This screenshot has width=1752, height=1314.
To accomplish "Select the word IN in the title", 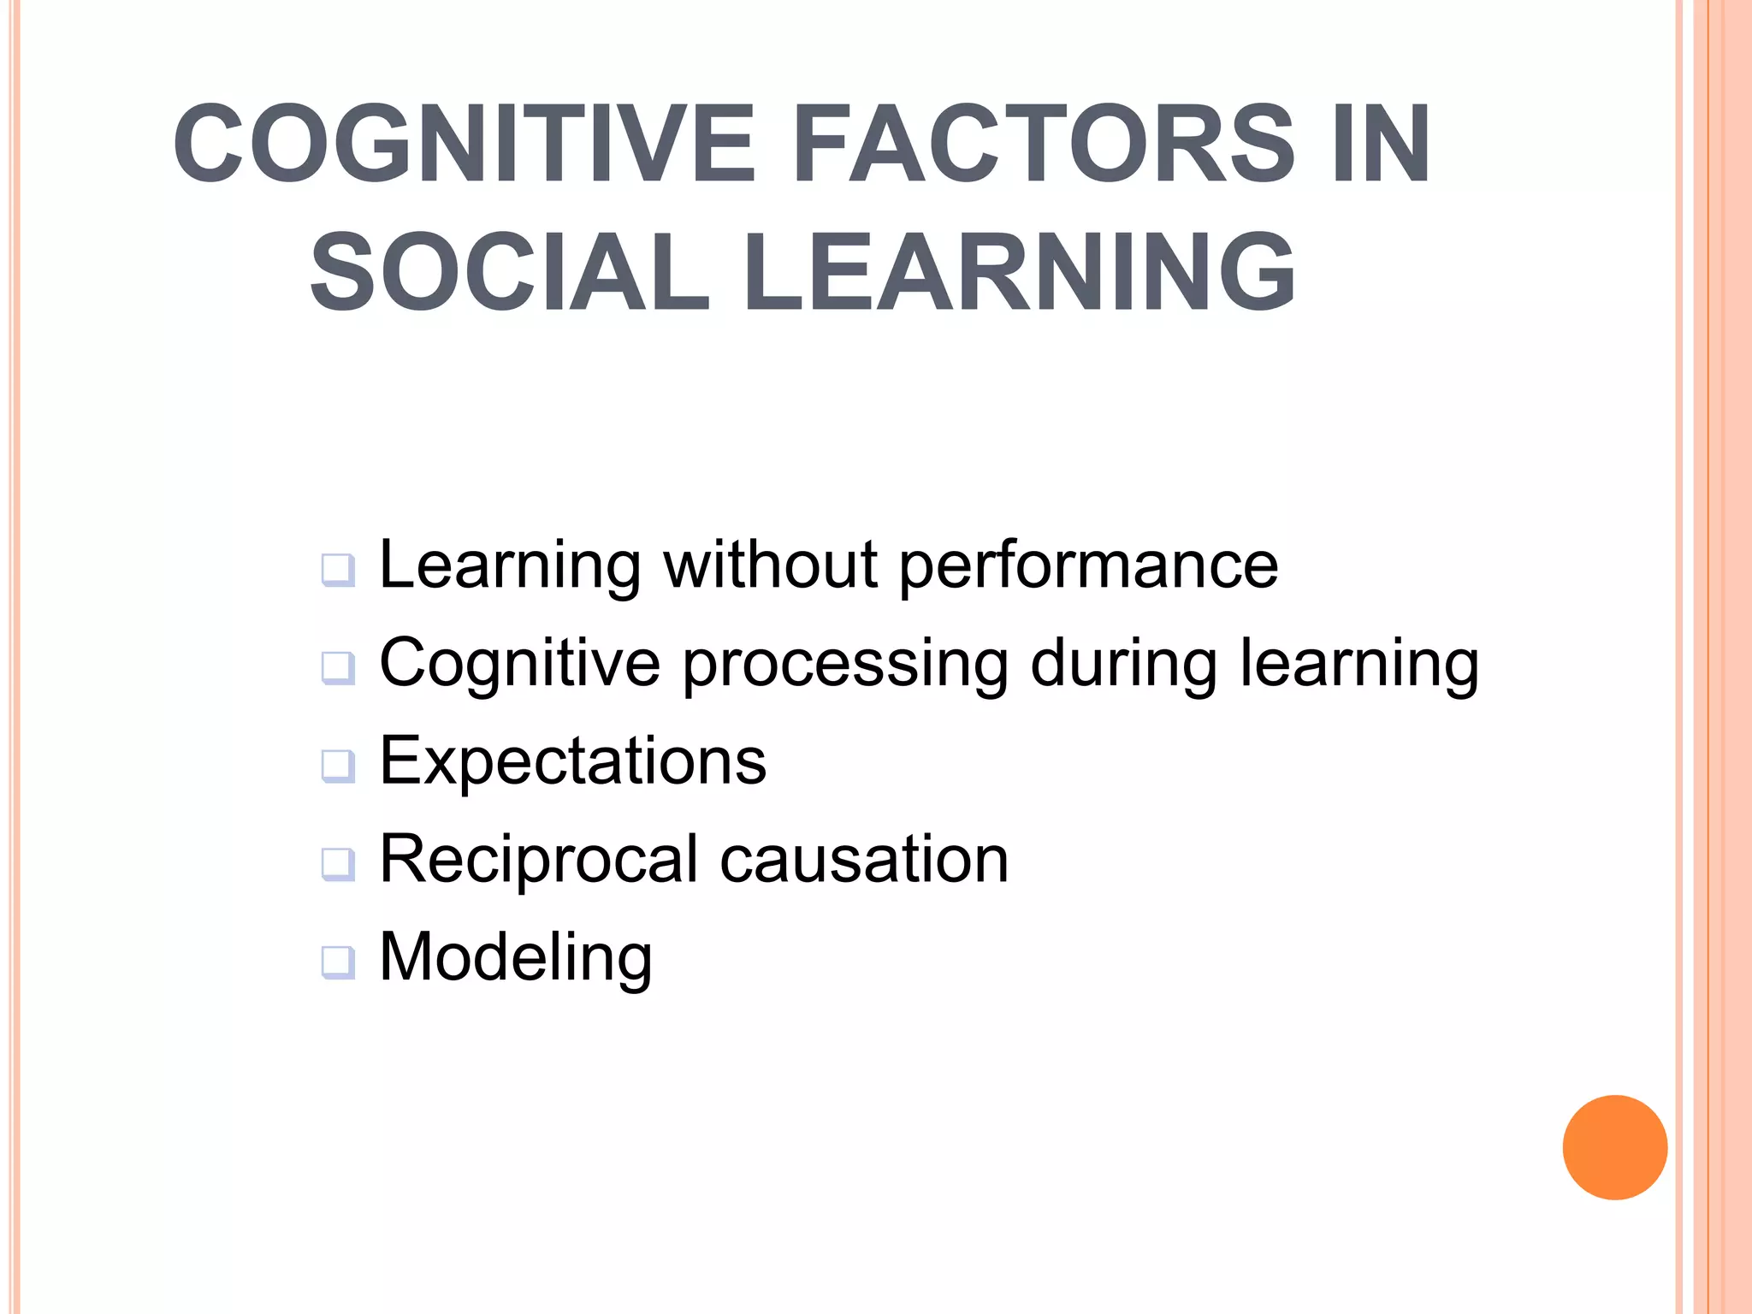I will click(1381, 143).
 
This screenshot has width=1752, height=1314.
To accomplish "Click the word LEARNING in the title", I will click(1019, 272).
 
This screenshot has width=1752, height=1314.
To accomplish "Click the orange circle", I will click(1614, 1147).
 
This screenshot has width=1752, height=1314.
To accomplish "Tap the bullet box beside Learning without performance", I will click(338, 570).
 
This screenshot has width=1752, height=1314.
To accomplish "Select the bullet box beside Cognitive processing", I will click(338, 667).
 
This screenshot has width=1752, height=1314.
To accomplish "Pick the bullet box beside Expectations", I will click(338, 766).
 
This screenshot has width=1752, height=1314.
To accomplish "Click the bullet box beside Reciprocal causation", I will click(338, 864).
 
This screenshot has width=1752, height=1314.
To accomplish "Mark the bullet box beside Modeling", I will click(338, 962).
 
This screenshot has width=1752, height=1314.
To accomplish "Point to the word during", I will click(1124, 664).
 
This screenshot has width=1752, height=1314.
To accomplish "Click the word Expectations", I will click(572, 761).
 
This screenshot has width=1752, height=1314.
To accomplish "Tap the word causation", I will click(864, 859).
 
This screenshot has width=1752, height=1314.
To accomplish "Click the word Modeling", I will click(516, 958).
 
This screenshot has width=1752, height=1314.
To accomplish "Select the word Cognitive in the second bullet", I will click(520, 663).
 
